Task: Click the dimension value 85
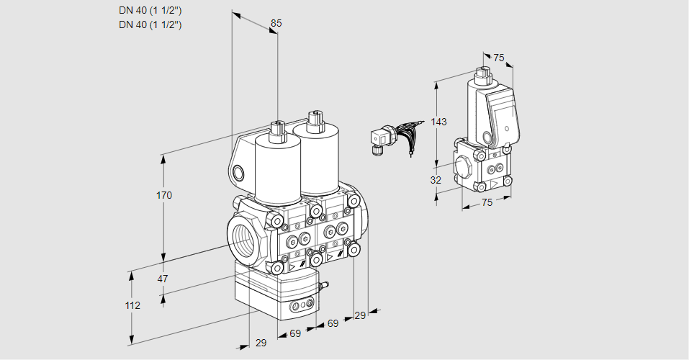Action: point(276,23)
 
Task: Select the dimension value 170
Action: point(164,196)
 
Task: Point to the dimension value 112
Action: point(132,305)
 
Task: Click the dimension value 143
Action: point(439,122)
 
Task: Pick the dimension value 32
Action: point(436,180)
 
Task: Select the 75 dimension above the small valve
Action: point(499,58)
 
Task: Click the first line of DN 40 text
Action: point(150,10)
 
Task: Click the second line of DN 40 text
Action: point(150,24)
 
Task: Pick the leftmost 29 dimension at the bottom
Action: point(261,343)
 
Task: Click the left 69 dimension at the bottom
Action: point(294,333)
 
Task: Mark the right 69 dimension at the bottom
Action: point(333,323)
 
